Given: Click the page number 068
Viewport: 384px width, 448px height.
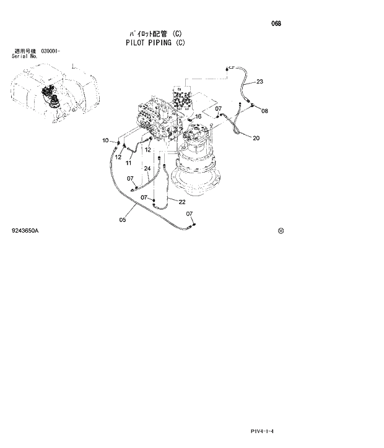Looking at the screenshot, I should pos(276,24).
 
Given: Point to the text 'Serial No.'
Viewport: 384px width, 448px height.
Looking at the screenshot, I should pos(25,56).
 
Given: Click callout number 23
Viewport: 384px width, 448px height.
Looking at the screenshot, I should pos(260,82).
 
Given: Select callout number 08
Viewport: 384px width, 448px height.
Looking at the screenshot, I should pos(264,111).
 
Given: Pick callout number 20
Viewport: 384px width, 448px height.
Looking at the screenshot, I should pos(256,138).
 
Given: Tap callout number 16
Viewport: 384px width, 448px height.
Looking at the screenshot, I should pos(198,116).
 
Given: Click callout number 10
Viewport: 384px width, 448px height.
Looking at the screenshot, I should pos(105,140).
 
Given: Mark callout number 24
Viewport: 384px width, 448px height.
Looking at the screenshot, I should pos(147,168).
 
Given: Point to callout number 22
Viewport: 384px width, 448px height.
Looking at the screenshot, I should pos(182,202).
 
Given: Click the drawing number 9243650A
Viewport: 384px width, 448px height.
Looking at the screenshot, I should pos(25,230).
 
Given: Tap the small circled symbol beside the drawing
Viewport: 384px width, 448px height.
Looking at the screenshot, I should pos(281,231).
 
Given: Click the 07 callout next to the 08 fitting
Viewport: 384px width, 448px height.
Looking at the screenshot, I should pos(219,109).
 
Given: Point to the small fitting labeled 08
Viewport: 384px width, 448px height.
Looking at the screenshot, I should pos(253,106).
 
